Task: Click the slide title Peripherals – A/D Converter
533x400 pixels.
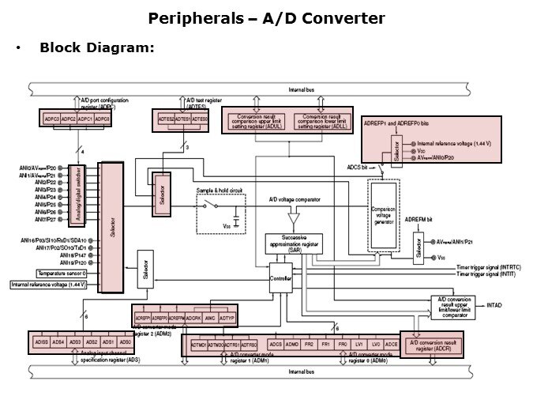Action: (266, 18)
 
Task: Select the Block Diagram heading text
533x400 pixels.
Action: (96, 48)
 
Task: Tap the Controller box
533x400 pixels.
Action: (280, 278)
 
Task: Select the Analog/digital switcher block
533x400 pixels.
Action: (77, 191)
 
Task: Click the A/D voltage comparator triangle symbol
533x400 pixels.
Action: (295, 217)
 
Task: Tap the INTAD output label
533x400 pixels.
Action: (494, 304)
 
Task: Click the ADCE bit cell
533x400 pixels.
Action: (391, 345)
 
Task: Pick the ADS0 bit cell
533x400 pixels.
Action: (125, 342)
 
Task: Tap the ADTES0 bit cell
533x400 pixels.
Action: (201, 119)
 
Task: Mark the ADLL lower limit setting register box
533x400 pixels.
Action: (320, 121)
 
